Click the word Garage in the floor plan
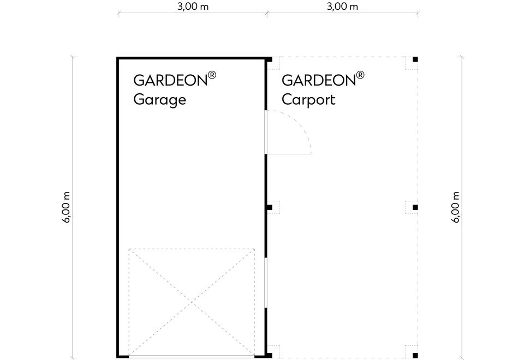159,100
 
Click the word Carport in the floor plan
308,100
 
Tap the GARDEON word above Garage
170,81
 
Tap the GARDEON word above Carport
319,81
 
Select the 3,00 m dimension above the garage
193,7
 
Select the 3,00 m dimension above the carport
342,7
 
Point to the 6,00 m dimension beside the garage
66,207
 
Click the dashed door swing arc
299,122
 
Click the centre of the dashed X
192,302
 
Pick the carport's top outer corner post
415,59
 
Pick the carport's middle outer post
415,207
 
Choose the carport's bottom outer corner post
415,355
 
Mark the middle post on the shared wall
269,207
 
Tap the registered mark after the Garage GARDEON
212,75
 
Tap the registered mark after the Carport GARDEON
360,75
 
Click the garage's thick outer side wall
118,207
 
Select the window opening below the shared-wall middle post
266,283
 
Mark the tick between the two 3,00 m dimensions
267,13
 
